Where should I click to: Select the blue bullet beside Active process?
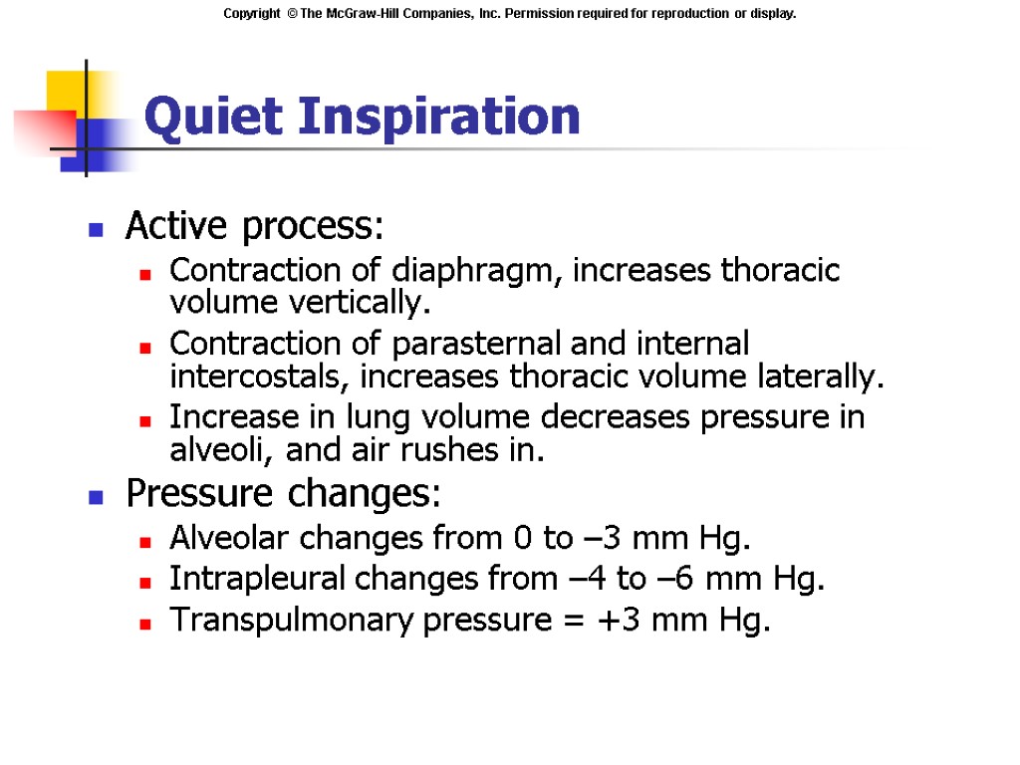tap(97, 229)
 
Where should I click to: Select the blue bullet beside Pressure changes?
tap(97, 495)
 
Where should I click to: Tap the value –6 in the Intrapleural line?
tap(675, 579)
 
